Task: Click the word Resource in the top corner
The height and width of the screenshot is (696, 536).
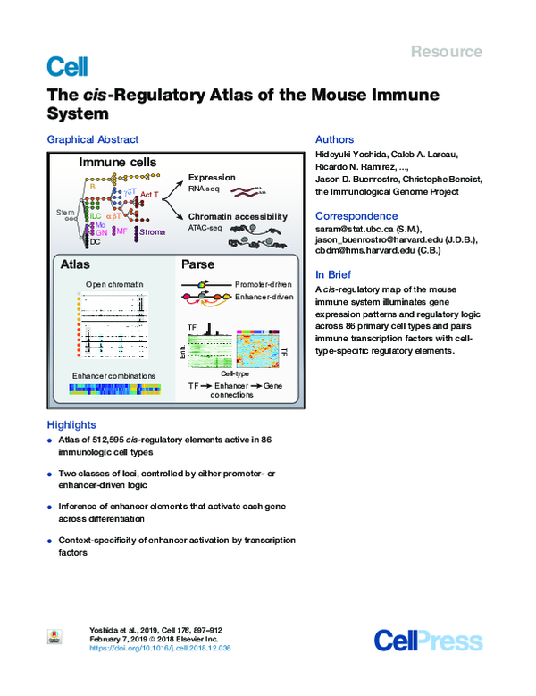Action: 447,52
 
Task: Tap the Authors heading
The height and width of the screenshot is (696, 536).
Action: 335,139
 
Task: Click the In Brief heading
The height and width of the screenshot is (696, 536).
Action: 336,275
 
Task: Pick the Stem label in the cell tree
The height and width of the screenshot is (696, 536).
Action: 65,212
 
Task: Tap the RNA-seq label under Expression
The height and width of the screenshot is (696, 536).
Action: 204,189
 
